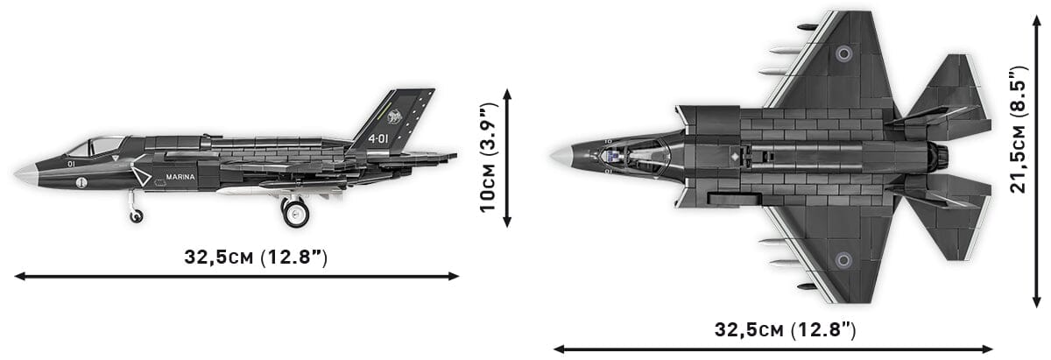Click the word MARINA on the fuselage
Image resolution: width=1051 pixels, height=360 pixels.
point(181,176)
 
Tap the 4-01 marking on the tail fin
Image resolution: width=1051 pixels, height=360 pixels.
point(378,138)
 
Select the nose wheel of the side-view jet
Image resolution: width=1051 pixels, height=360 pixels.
point(136,215)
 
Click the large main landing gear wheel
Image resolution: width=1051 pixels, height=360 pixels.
point(295,212)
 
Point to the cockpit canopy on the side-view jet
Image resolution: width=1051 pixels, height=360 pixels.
point(96,145)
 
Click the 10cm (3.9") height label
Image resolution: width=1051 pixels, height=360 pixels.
point(488,157)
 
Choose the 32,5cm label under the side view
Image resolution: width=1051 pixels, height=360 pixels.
point(255,257)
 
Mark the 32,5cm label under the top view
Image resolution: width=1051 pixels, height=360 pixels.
point(785,329)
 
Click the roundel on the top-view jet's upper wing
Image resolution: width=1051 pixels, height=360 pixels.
point(843,53)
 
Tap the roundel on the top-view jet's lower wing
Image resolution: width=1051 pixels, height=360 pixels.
point(843,259)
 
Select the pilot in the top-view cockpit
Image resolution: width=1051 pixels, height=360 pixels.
point(616,157)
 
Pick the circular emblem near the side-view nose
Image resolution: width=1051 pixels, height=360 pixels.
point(81,183)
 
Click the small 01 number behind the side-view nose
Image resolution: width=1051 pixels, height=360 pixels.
point(70,163)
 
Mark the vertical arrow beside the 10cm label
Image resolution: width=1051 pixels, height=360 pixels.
point(507,157)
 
